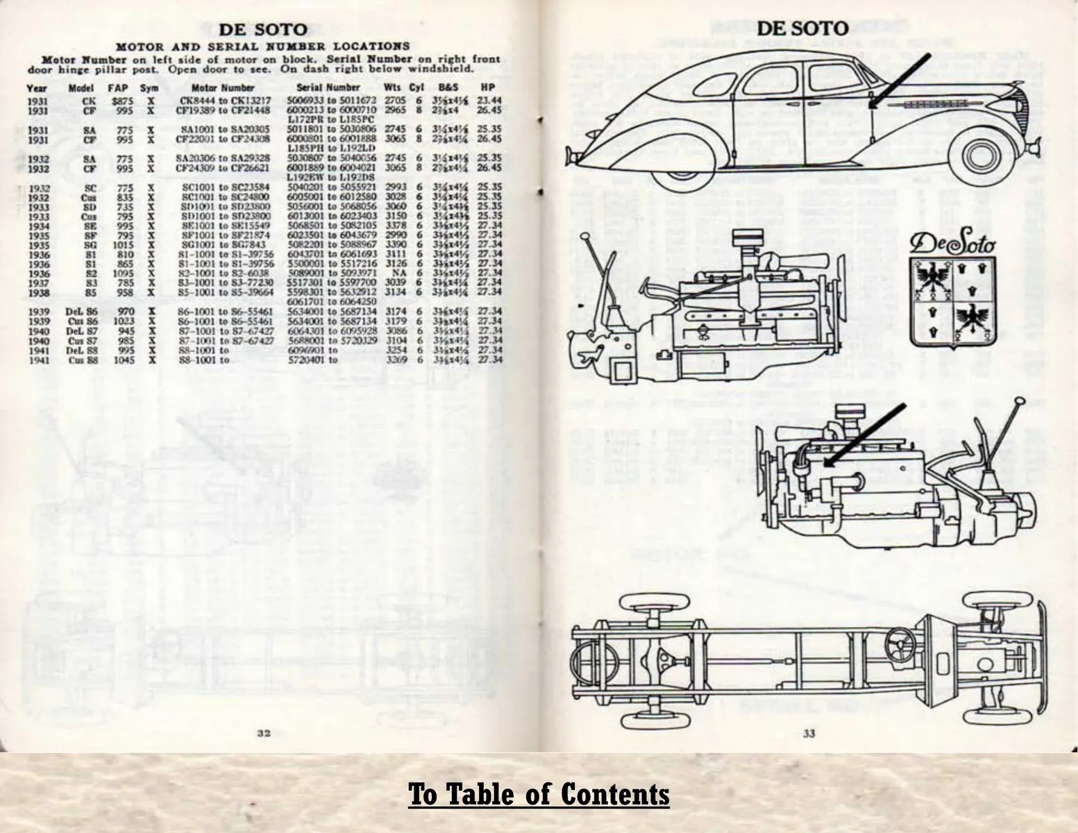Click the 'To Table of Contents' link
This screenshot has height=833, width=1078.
[539, 794]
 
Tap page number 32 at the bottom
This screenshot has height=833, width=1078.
[264, 733]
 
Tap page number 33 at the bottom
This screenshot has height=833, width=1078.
[809, 733]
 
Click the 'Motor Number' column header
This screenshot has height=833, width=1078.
[222, 88]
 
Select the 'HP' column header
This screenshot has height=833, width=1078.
[487, 88]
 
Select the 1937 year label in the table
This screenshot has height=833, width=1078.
[38, 283]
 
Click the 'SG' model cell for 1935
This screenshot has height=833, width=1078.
[90, 244]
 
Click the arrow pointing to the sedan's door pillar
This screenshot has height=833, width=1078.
[899, 81]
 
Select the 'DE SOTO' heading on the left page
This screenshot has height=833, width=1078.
[263, 30]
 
